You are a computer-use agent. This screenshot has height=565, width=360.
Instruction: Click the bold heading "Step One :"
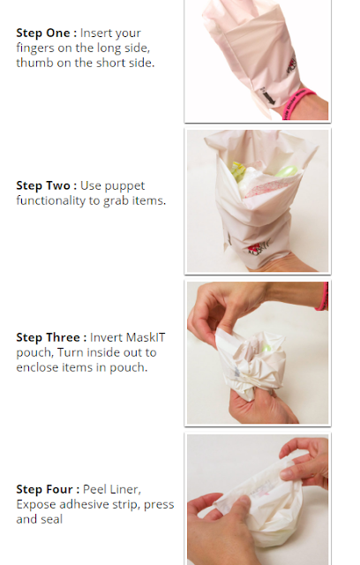[x=47, y=33]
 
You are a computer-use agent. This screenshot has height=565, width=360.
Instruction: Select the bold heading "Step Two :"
[x=47, y=185]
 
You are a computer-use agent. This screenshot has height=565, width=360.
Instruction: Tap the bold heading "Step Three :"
[x=51, y=337]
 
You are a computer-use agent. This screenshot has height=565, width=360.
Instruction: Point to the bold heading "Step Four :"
[x=48, y=489]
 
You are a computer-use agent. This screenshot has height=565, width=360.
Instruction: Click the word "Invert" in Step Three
[x=106, y=337]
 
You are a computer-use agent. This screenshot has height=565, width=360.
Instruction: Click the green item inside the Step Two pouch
[x=287, y=170]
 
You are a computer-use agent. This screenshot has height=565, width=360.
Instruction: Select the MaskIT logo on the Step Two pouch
[x=258, y=249]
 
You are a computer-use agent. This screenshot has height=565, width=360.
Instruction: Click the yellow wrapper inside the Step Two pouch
[x=238, y=171]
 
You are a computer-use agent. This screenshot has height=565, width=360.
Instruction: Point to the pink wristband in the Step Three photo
[x=323, y=297]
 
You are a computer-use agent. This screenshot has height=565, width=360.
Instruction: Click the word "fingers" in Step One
[x=35, y=49]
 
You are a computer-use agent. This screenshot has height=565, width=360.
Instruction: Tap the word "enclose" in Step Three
[x=37, y=367]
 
